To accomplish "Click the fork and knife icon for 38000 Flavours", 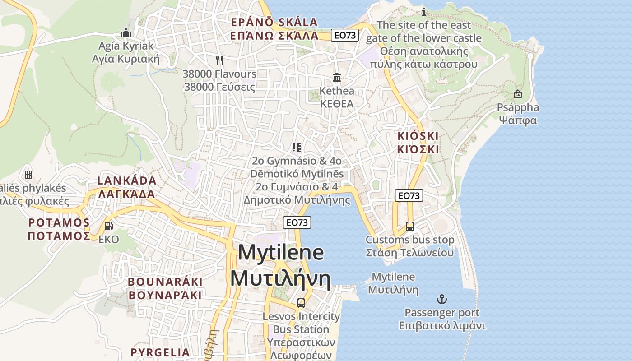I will click(x=219, y=60).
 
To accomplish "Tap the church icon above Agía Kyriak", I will click(x=126, y=32).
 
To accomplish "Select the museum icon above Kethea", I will click(x=337, y=78).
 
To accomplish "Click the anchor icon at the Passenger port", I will click(x=441, y=299).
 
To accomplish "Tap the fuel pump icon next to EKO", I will click(x=108, y=226).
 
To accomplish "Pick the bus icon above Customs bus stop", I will click(x=409, y=227).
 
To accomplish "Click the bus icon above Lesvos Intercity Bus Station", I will click(x=301, y=303).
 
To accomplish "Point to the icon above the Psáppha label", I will click(x=518, y=94).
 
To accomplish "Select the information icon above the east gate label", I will click(x=423, y=12).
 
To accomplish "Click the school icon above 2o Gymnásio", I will click(x=297, y=147).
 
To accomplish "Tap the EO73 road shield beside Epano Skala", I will click(x=344, y=35).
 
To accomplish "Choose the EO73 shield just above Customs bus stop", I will click(x=409, y=195).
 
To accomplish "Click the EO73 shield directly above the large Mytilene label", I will click(x=297, y=222).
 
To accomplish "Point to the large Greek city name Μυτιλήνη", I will click(x=280, y=278).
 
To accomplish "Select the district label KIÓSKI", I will click(x=418, y=136).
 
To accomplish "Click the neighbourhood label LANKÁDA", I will click(x=127, y=181).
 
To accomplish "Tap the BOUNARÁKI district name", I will click(x=165, y=282).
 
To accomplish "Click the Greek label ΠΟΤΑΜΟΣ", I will click(x=59, y=236).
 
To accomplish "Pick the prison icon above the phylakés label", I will click(x=28, y=174).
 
